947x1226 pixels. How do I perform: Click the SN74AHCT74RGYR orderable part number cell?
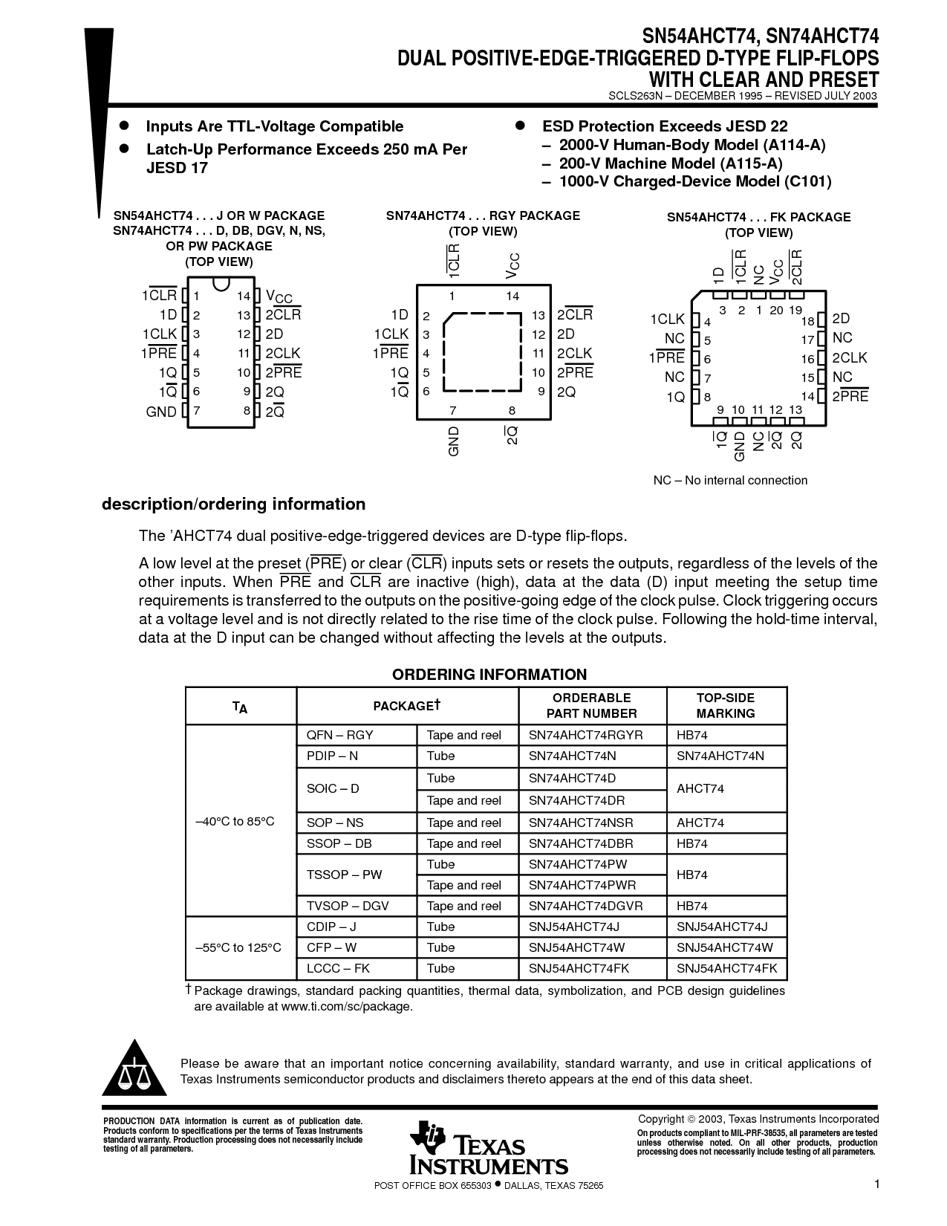(585, 735)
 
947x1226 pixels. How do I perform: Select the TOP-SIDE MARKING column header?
(725, 705)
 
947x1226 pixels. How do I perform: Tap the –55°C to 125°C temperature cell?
(238, 947)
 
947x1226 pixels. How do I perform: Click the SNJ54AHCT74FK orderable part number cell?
(579, 968)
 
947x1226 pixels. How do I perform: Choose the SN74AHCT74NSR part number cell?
(581, 823)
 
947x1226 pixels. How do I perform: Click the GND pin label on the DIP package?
(161, 412)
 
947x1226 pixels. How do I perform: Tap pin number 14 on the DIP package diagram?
(244, 296)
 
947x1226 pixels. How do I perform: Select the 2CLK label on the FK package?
(849, 357)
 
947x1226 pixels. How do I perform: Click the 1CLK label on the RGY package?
(391, 334)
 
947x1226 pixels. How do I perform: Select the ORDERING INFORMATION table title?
(489, 675)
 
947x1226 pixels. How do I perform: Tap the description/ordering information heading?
(233, 504)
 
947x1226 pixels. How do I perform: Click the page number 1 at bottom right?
(876, 1184)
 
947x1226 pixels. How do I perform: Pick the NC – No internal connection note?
(730, 480)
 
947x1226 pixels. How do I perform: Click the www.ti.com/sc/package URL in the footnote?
(346, 1006)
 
